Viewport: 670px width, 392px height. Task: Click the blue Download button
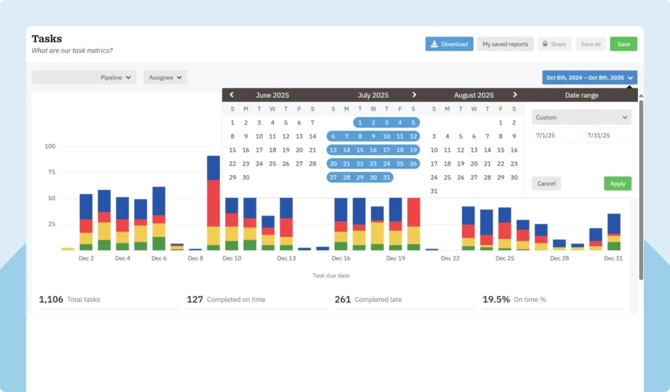(449, 44)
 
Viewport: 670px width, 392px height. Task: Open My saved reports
(505, 44)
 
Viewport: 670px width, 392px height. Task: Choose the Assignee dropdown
(165, 77)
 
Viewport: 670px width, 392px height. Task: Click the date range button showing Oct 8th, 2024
(590, 77)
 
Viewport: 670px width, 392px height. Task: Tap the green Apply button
(618, 184)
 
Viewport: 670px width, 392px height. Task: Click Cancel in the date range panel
(546, 184)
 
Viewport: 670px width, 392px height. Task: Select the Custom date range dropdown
(581, 118)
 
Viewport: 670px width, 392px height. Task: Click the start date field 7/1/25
(555, 135)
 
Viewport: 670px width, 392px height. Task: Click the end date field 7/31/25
(607, 135)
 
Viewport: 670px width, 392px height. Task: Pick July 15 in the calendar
(360, 150)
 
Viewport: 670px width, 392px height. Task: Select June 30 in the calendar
(246, 178)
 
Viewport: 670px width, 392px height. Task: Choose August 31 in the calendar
(434, 191)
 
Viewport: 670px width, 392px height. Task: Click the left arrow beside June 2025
(232, 95)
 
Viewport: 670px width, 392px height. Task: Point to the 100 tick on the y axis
(50, 146)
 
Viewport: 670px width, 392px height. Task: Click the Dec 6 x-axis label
(159, 258)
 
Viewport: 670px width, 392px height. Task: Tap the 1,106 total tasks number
(51, 299)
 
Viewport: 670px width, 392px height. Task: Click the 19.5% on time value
(496, 299)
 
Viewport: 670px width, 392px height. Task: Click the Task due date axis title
(330, 276)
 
